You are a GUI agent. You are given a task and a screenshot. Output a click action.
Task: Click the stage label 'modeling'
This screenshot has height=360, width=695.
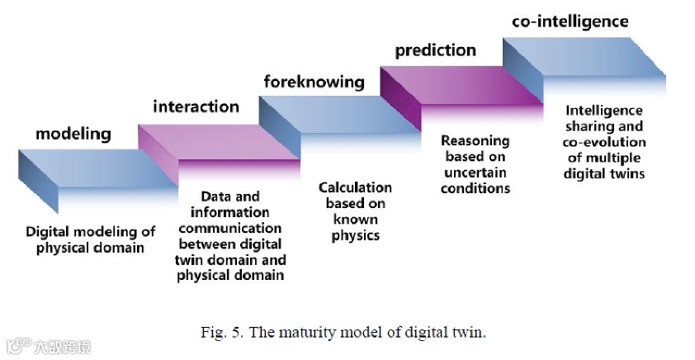[73, 135]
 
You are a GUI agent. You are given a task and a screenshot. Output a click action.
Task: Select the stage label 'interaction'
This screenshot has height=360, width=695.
[196, 107]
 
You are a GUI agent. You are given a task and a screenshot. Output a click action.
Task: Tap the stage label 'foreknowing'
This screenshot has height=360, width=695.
[314, 81]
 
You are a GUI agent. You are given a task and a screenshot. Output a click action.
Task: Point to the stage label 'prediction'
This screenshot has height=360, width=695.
[435, 50]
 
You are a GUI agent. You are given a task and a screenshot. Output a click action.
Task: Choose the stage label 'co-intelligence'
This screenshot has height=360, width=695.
[570, 21]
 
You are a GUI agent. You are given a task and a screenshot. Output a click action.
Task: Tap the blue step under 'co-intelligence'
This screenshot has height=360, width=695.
[582, 58]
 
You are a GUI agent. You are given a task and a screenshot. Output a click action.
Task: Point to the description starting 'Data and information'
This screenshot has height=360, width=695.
[230, 235]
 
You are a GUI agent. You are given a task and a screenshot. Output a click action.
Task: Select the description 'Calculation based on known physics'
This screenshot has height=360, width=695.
[355, 211]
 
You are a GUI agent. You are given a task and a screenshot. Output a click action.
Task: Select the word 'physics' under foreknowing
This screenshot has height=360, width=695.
[355, 235]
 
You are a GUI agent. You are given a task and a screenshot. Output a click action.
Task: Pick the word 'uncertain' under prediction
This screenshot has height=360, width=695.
[475, 173]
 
